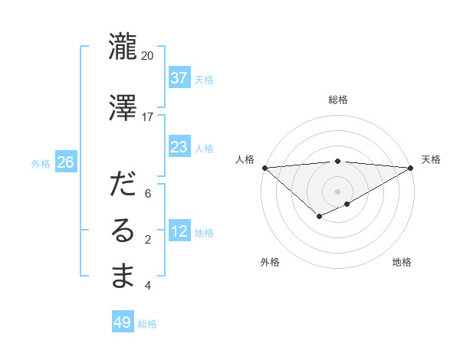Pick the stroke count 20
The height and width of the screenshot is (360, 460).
148,56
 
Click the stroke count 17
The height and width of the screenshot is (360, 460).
148,117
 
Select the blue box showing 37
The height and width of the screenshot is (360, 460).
179,78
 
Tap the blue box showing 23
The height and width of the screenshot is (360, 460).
179,147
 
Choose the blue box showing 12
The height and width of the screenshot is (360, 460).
179,231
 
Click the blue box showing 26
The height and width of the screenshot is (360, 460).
65,162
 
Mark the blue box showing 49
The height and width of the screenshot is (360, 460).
123,322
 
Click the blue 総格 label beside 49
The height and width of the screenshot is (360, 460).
147,324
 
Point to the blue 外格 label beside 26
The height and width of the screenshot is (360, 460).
41,163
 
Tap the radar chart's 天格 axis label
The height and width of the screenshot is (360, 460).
432,159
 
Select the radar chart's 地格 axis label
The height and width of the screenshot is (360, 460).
402,263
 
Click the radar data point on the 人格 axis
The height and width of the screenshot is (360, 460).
264,168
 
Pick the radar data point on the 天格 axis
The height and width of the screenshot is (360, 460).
411,168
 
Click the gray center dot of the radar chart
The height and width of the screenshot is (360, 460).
337,191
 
